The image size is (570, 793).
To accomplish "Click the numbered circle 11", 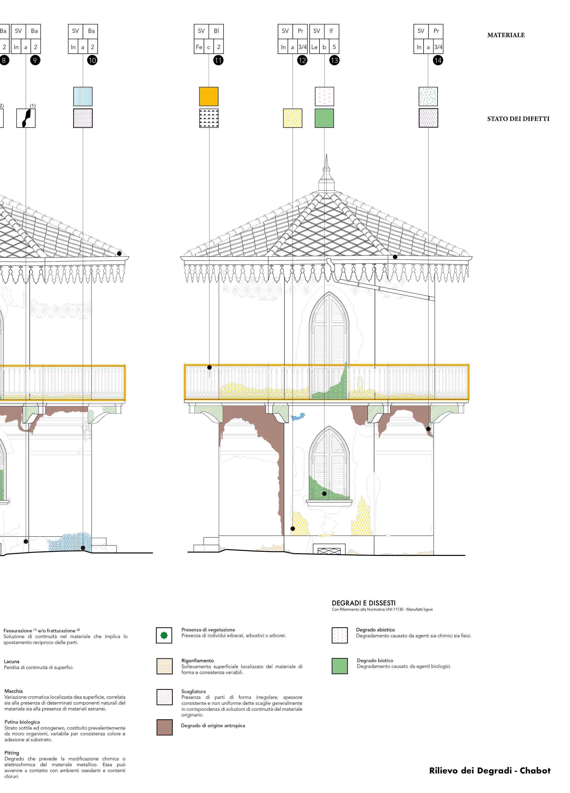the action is (x=218, y=61).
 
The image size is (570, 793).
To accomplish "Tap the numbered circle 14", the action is (x=438, y=61).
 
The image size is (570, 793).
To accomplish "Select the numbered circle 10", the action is (x=92, y=61).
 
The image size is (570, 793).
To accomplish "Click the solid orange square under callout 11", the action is (x=209, y=97).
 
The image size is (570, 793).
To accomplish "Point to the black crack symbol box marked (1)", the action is (x=26, y=118).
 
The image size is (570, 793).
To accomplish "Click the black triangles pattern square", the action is (x=209, y=118).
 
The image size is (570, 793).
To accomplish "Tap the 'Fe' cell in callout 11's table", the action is (x=199, y=47).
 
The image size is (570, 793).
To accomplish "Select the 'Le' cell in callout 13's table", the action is (x=314, y=47).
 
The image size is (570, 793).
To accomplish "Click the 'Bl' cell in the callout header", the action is (x=216, y=31).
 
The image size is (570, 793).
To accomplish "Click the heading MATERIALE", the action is (x=506, y=35).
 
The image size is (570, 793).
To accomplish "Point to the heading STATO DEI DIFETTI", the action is (x=518, y=119).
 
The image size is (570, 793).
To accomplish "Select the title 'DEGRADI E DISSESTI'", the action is (x=363, y=603).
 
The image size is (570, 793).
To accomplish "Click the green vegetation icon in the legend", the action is (x=164, y=635).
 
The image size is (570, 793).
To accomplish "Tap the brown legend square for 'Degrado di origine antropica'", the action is (x=164, y=727).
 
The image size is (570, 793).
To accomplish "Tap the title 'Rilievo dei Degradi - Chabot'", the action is (x=490, y=770).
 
